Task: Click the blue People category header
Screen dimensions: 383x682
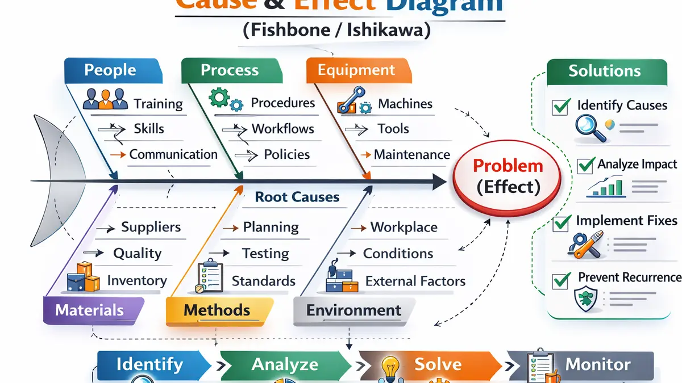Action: click(111, 70)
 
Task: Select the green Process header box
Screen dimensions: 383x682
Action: click(230, 70)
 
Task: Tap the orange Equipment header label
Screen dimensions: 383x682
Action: click(356, 70)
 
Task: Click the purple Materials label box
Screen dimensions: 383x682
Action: click(90, 310)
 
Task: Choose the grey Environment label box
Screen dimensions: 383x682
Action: click(354, 310)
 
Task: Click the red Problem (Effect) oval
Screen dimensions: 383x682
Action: click(508, 176)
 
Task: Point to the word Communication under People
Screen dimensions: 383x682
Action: click(173, 154)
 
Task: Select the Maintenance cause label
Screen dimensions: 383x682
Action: click(411, 154)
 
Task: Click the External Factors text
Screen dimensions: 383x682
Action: click(415, 281)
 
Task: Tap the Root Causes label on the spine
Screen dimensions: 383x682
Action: click(297, 197)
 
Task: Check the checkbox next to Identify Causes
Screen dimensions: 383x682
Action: click(561, 106)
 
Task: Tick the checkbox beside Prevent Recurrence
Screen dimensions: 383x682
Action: click(561, 279)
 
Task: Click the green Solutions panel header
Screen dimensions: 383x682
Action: click(604, 71)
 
